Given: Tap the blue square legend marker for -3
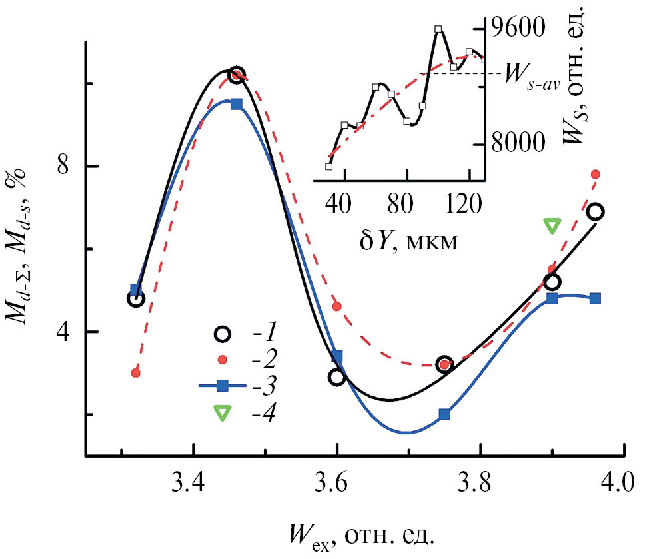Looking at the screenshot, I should [x=223, y=385].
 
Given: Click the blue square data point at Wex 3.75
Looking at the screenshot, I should [x=445, y=414].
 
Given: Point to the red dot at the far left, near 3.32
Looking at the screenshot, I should [x=136, y=373].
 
